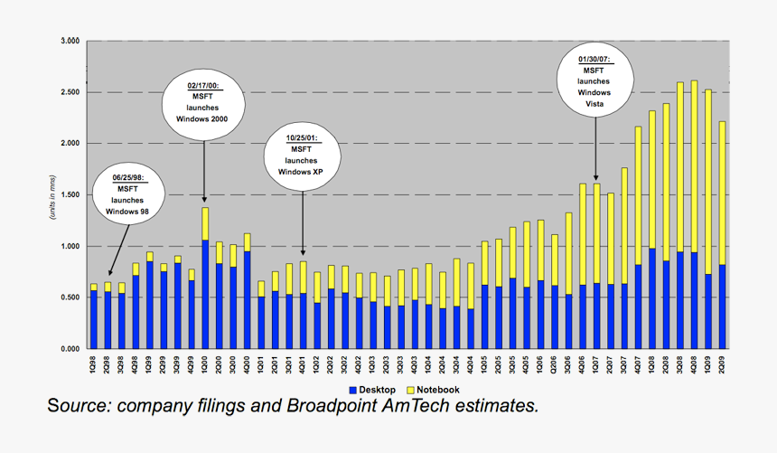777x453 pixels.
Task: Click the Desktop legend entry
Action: click(372, 390)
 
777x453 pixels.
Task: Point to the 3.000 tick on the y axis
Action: click(70, 42)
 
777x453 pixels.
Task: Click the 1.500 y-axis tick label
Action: click(70, 195)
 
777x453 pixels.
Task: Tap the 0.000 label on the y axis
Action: click(70, 349)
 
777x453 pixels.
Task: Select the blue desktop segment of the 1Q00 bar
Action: click(205, 294)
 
